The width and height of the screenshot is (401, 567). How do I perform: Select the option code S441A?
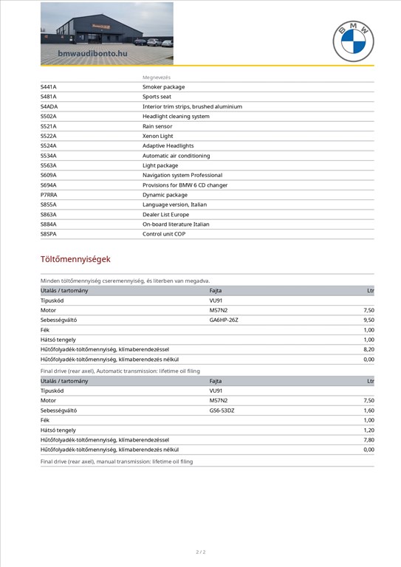pos(49,87)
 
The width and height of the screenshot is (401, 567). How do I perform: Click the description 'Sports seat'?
pos(157,97)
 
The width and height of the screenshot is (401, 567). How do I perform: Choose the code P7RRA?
pos(49,195)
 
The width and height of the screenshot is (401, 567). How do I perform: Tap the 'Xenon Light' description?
pos(157,136)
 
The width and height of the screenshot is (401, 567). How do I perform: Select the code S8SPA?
pos(49,234)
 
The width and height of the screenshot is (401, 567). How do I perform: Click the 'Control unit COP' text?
pos(164,234)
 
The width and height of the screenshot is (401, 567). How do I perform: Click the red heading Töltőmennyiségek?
pos(75,259)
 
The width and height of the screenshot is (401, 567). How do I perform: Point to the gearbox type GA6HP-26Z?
pos(224,320)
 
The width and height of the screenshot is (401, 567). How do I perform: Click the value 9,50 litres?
pos(369,320)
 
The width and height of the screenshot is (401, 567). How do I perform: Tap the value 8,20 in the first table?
pos(369,349)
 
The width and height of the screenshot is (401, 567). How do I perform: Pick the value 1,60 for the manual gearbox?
pos(369,410)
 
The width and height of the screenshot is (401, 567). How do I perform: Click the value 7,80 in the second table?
pos(369,439)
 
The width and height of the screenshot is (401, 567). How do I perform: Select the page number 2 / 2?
pos(200,551)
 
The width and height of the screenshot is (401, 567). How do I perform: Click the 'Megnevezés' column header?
pos(157,78)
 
